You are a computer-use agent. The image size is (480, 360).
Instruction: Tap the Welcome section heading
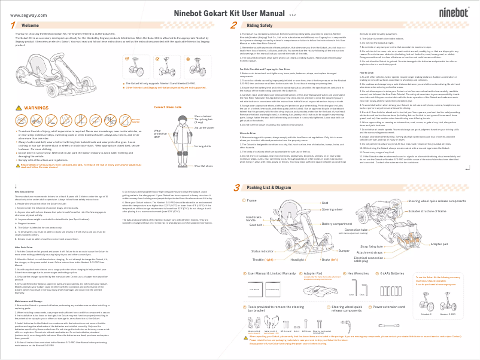(31, 26)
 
